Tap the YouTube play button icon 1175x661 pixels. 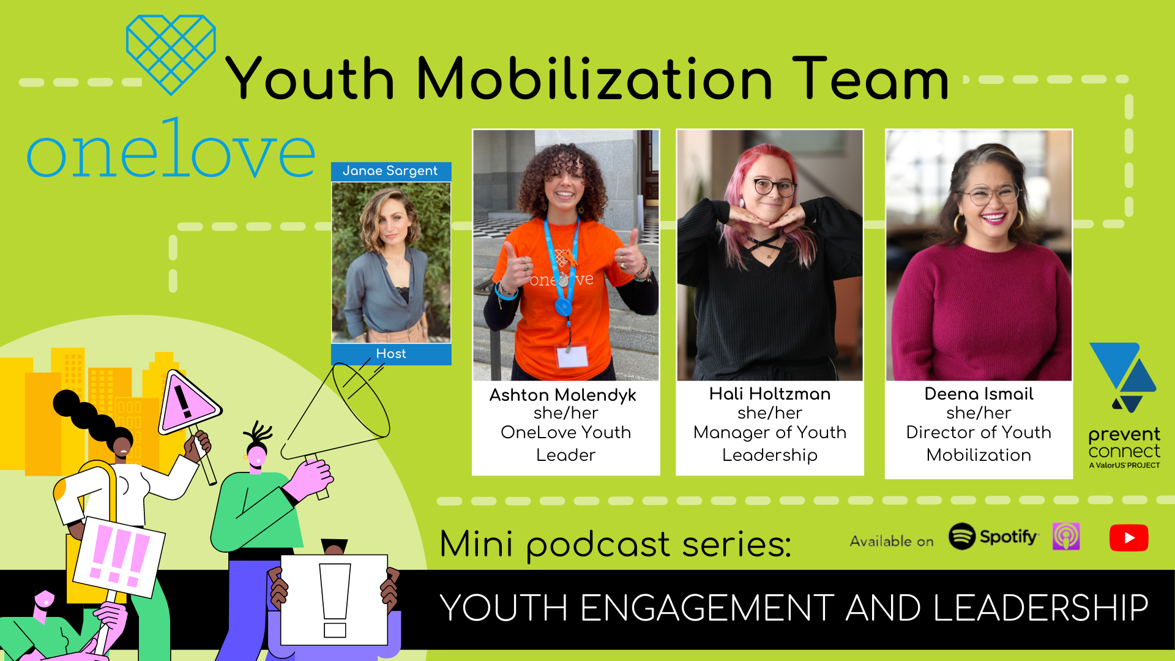coord(1128,538)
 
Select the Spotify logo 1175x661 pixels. coord(993,537)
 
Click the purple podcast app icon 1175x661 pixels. coord(1066,537)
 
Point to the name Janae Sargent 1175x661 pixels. coord(390,171)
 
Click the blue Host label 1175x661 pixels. coord(391,354)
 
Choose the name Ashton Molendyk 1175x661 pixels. coord(563,395)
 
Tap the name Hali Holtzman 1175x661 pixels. coord(770,394)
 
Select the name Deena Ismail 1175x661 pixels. coord(979,394)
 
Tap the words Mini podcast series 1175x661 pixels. coord(615,543)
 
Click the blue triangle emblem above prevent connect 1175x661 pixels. coord(1123,377)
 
